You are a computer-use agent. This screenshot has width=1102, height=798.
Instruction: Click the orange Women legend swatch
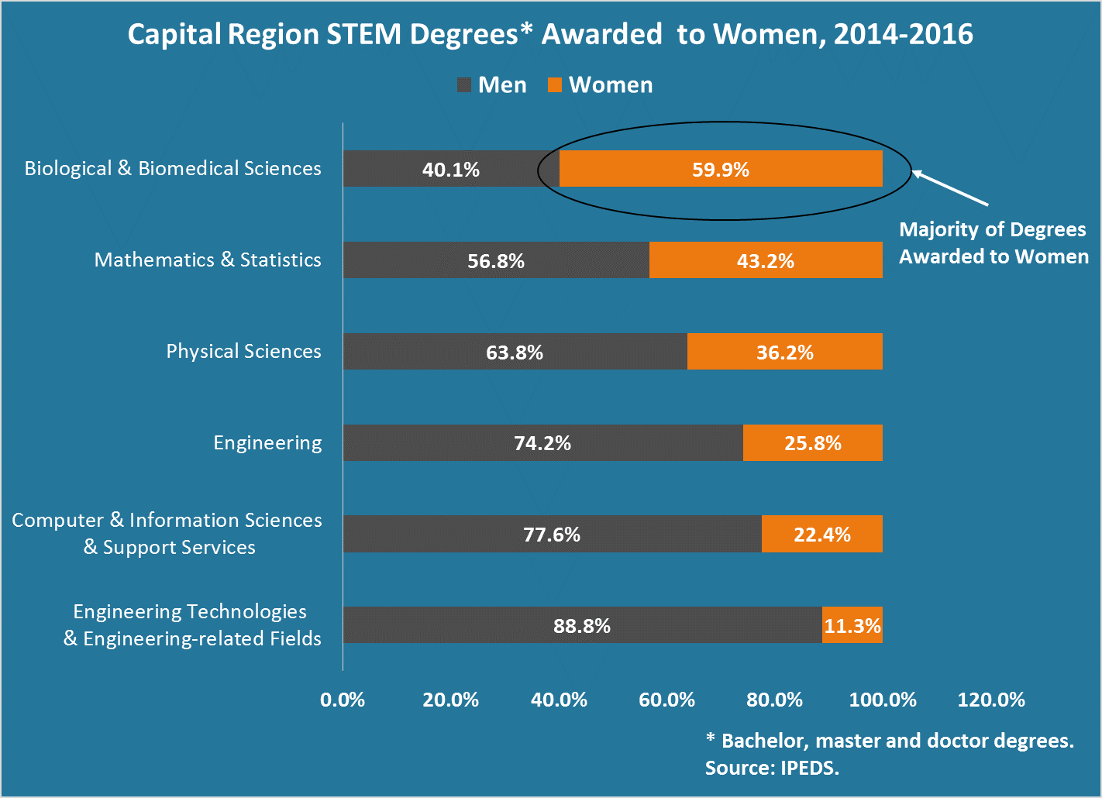click(555, 85)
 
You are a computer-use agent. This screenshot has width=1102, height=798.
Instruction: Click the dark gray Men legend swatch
click(464, 85)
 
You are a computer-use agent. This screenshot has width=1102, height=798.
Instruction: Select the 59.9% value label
click(721, 170)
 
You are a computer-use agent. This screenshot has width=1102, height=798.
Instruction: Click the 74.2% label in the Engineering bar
click(542, 443)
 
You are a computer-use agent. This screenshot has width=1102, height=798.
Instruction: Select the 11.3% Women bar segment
click(852, 625)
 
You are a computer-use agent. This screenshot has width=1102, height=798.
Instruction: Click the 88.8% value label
click(582, 626)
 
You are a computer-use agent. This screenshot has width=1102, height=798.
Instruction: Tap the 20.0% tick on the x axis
click(450, 700)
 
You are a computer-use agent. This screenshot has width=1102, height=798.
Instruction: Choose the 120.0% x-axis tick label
click(991, 700)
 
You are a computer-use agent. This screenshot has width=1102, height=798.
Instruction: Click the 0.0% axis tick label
click(343, 700)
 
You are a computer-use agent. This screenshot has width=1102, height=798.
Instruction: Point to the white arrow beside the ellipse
click(950, 188)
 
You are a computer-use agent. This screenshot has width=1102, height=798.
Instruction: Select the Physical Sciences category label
click(243, 351)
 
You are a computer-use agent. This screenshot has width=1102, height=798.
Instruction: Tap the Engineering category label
click(267, 442)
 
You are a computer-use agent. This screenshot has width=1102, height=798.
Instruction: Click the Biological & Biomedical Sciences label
click(173, 168)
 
